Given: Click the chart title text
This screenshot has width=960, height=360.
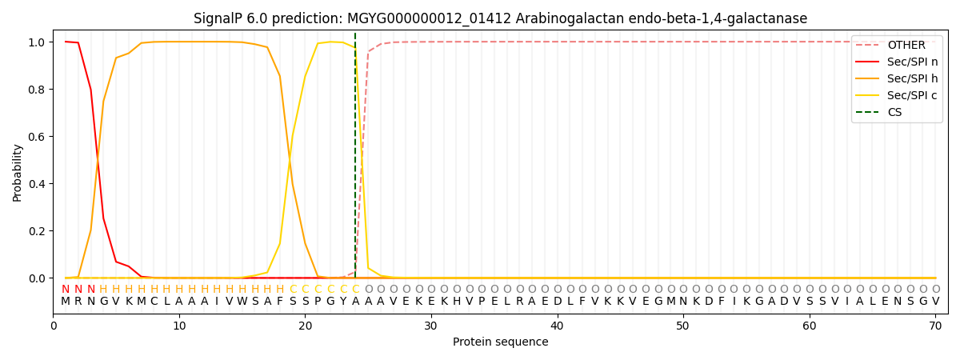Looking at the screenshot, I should (x=500, y=18).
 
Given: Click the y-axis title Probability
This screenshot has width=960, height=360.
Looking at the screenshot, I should (x=18, y=172).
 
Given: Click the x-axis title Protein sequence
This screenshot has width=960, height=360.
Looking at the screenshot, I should (x=500, y=342).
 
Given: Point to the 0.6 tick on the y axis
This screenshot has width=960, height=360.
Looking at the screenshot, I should (x=38, y=137).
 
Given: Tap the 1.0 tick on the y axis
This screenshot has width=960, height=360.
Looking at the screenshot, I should (x=38, y=42).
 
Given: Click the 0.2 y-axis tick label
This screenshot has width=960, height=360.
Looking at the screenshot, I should (x=38, y=231).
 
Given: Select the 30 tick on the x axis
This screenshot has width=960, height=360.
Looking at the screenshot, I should (x=431, y=326).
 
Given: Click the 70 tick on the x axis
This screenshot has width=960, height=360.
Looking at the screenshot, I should (x=935, y=326).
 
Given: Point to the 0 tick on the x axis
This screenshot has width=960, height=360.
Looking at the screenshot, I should (x=54, y=326).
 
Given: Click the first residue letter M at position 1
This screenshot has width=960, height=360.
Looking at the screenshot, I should (x=66, y=302).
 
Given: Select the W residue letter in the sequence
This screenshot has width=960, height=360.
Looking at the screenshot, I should (x=242, y=302).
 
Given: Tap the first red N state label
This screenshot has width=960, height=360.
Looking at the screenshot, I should (x=66, y=290).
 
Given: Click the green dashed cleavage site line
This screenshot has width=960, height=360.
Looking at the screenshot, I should (x=355, y=160).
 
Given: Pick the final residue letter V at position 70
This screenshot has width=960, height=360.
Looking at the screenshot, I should (x=935, y=302).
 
